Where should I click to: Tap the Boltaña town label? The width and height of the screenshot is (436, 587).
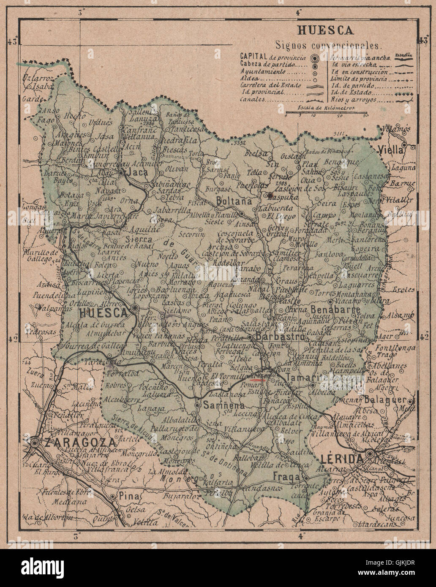click(x=234, y=201)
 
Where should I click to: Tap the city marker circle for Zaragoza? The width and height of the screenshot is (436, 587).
click(x=35, y=442)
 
